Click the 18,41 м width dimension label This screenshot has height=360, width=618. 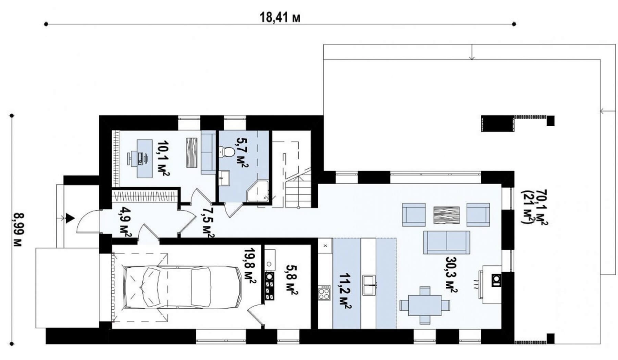point(280,17)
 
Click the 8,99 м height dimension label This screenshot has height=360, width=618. point(18,230)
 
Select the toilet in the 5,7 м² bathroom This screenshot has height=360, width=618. point(227,152)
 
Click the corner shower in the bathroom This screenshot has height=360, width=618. point(257,191)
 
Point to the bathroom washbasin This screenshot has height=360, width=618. point(224,178)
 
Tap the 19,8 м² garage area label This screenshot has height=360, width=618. point(250,265)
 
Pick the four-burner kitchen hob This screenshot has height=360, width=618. point(324,293)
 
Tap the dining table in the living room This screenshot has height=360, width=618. point(425,305)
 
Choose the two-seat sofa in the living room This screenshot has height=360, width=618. point(447,242)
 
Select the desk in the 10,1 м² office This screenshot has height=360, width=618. point(145,158)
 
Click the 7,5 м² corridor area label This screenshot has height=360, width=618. point(208,222)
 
